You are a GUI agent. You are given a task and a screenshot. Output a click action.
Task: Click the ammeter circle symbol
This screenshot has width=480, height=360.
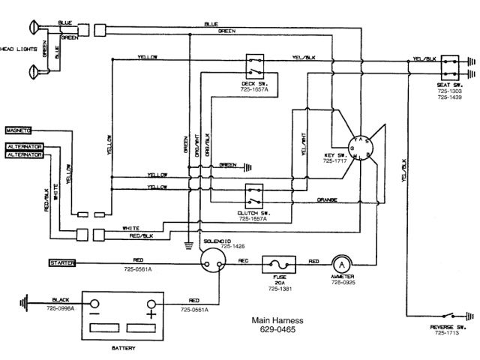pos(342,264)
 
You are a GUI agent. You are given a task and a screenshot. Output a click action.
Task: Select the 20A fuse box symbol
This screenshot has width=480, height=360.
pos(279,265)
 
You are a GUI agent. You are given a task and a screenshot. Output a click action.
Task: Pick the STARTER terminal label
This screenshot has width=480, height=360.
pos(59,263)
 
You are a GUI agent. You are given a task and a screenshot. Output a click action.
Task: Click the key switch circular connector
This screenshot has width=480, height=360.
pos(364,146)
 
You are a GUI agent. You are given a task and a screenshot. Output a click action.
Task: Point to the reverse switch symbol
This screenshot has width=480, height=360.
pos(453,314)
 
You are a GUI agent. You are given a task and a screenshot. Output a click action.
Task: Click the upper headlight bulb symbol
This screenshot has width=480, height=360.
pos(32,29)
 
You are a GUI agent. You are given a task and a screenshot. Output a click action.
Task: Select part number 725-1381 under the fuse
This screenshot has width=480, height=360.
pos(279,288)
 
